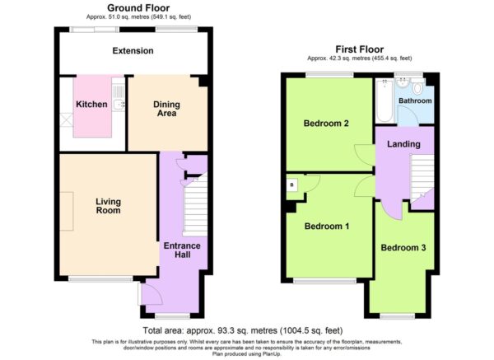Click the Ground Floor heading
(x=138, y=8)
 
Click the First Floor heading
(x=360, y=49)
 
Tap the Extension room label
(x=133, y=51)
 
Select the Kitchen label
(x=91, y=105)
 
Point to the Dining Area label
(x=166, y=109)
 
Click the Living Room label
(x=108, y=206)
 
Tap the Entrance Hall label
(x=182, y=250)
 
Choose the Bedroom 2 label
(x=326, y=124)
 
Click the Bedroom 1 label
(x=327, y=226)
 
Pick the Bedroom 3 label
(x=403, y=247)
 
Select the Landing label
(x=403, y=144)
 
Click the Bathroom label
(x=415, y=101)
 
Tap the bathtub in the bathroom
(x=384, y=101)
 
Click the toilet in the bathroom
(x=417, y=87)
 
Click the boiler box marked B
(x=291, y=185)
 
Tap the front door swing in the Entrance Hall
(x=152, y=294)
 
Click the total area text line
(x=243, y=330)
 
